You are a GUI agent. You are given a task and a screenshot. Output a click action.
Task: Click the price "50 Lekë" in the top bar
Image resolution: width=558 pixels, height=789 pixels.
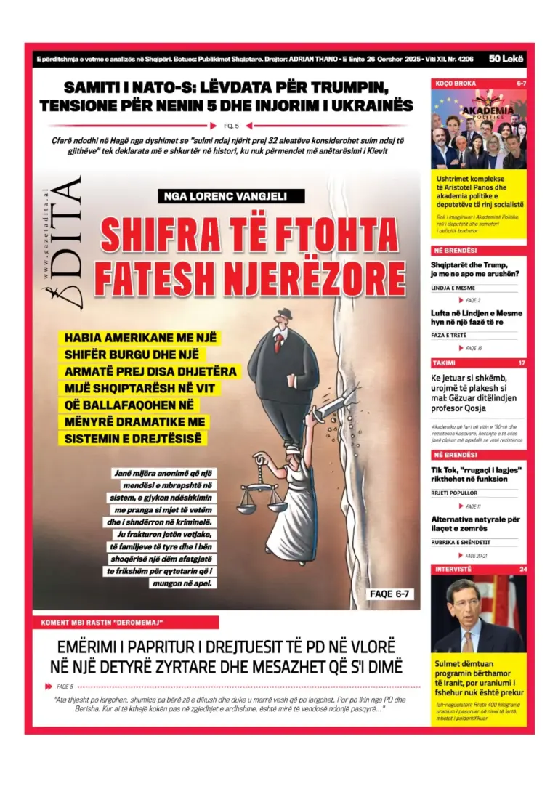point(506,60)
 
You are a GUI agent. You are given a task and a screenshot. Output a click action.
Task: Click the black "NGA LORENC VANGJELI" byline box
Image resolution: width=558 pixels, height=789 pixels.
point(230,195)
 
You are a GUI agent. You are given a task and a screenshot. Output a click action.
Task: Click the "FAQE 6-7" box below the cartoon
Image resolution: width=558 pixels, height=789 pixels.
point(391,594)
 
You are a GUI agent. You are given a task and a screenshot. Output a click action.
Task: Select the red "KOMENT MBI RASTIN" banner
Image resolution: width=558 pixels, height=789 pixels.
point(125,623)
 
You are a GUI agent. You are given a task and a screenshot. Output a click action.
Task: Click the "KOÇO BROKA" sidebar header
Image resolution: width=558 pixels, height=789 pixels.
point(456,84)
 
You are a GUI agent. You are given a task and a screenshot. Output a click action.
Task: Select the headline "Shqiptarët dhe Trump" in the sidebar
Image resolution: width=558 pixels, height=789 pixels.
point(469,264)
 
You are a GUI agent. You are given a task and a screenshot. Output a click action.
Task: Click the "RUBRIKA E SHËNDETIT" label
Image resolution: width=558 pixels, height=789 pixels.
point(464,542)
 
